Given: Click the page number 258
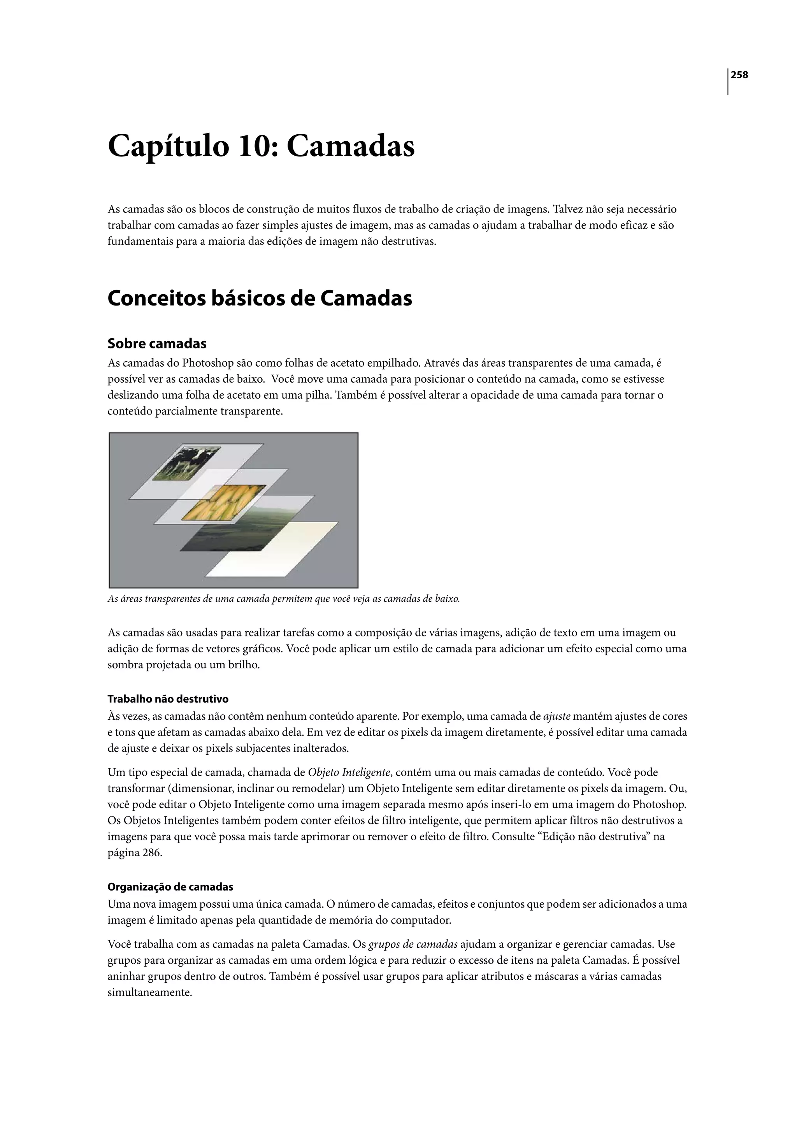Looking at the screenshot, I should [x=739, y=75].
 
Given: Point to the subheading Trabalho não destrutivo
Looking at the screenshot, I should [x=168, y=699].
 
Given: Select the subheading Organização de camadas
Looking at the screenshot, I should [x=170, y=887].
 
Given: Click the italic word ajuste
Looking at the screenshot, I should [x=556, y=716].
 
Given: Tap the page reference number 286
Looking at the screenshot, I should [x=152, y=853].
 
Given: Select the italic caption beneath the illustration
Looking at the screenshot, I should [x=283, y=599].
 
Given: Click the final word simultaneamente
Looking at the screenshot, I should [x=149, y=992].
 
